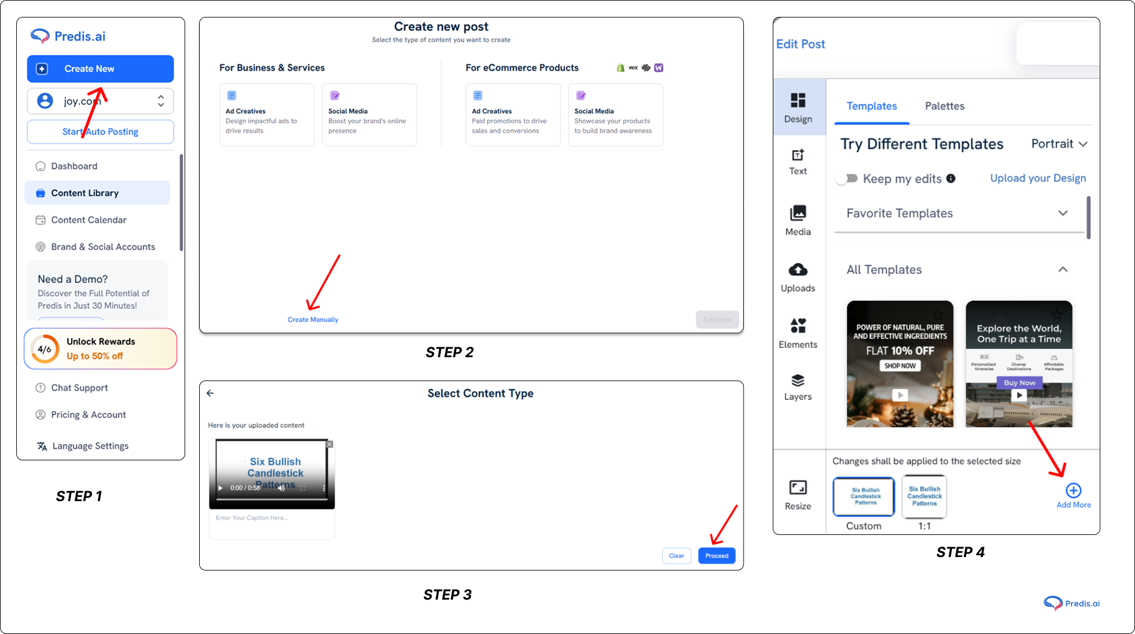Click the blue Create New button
point(100,69)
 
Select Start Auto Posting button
point(100,132)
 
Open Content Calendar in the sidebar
point(89,220)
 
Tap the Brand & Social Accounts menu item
point(102,246)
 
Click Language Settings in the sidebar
point(90,446)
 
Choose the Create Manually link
point(313,319)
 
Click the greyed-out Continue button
point(717,319)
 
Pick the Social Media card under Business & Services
point(369,114)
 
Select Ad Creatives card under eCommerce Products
point(512,114)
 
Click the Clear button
point(676,555)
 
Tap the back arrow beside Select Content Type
point(210,393)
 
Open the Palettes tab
point(944,106)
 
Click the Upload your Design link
point(1038,178)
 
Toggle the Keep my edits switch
point(847,178)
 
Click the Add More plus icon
point(1073,491)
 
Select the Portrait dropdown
point(1059,144)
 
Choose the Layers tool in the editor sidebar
point(797,388)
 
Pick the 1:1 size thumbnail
point(924,496)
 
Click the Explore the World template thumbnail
point(1019,364)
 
